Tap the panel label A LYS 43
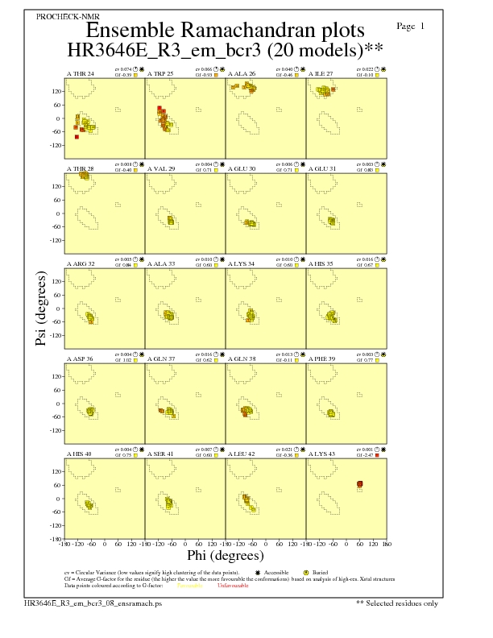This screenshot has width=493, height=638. (x=323, y=454)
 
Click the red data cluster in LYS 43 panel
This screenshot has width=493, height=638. (x=360, y=484)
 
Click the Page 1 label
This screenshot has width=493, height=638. (x=411, y=27)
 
